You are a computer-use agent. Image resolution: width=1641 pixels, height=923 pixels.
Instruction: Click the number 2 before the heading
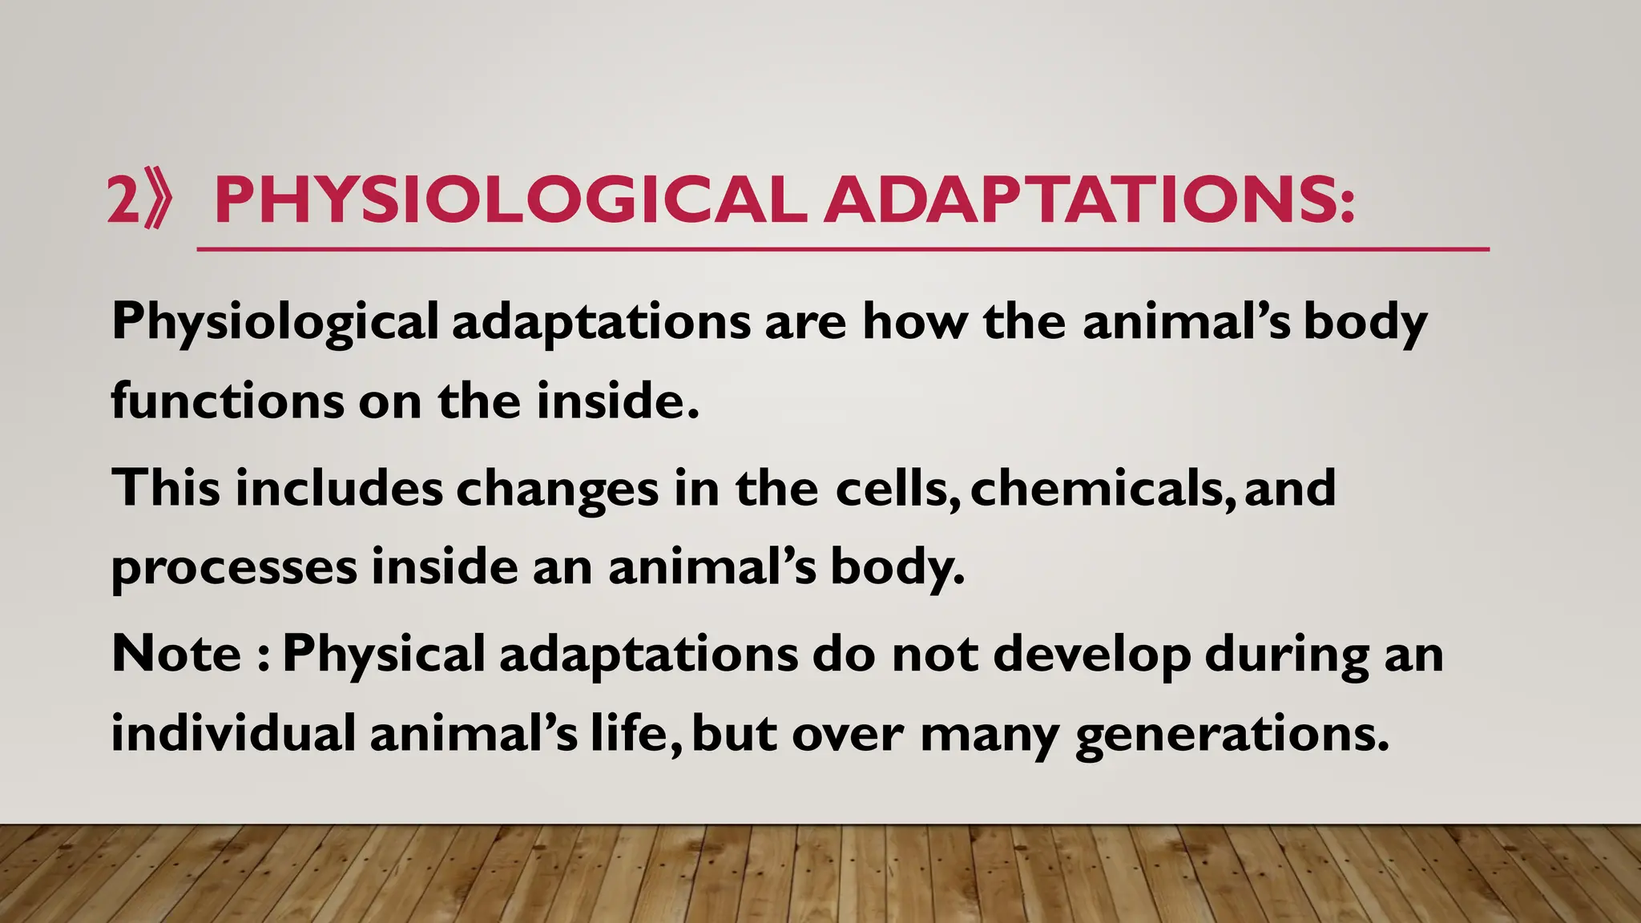[x=123, y=200]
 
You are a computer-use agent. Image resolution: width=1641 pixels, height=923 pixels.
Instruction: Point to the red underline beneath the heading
[x=841, y=250]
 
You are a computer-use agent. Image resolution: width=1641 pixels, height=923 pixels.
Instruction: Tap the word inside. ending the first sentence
[x=617, y=401]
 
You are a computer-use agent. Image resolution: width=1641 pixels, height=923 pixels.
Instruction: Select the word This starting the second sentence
[x=166, y=487]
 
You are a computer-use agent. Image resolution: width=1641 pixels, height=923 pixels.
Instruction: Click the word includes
[x=338, y=487]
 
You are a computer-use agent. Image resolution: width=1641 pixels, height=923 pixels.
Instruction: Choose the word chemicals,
[x=1096, y=487]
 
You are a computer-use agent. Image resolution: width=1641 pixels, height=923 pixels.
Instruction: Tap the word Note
[x=176, y=653]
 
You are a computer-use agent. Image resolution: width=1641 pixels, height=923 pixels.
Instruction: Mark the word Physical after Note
[x=384, y=653]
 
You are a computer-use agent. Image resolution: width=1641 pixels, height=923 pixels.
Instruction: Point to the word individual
[x=233, y=733]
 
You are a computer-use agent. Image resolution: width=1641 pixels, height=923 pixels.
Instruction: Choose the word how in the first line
[x=913, y=322]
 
